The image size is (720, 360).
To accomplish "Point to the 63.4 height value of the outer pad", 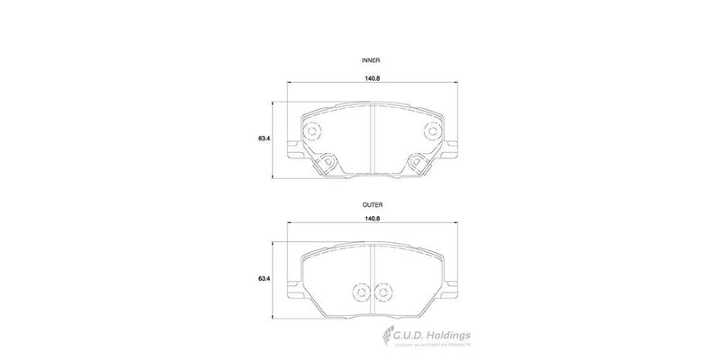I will pos(265,280).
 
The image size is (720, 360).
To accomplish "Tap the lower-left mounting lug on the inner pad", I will pos(329,162).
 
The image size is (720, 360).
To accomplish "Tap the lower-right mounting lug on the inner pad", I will pos(416,162).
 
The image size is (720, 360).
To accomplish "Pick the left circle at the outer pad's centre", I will pos(361,292).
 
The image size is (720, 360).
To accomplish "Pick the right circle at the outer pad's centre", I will pos(384,292).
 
